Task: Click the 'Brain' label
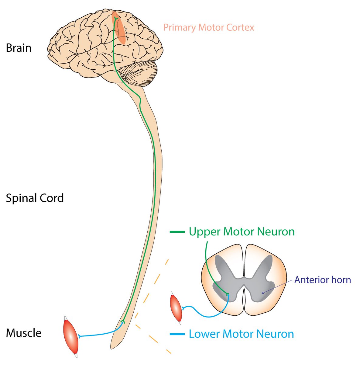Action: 19,48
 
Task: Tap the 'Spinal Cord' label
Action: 35,198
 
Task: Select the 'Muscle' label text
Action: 23,333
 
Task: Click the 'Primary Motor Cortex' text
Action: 208,28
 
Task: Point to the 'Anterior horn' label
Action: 322,280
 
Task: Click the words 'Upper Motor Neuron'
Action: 242,232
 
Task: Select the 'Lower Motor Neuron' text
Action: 241,334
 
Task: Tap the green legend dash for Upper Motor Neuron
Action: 177,232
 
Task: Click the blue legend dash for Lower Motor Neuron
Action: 177,334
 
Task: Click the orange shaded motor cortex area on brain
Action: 120,29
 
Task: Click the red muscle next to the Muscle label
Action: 70,336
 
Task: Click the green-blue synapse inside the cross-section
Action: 228,294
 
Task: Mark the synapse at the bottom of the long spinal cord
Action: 123,322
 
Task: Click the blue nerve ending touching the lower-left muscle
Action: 80,336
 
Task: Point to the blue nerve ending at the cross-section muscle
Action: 183,309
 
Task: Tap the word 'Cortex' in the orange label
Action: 240,28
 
